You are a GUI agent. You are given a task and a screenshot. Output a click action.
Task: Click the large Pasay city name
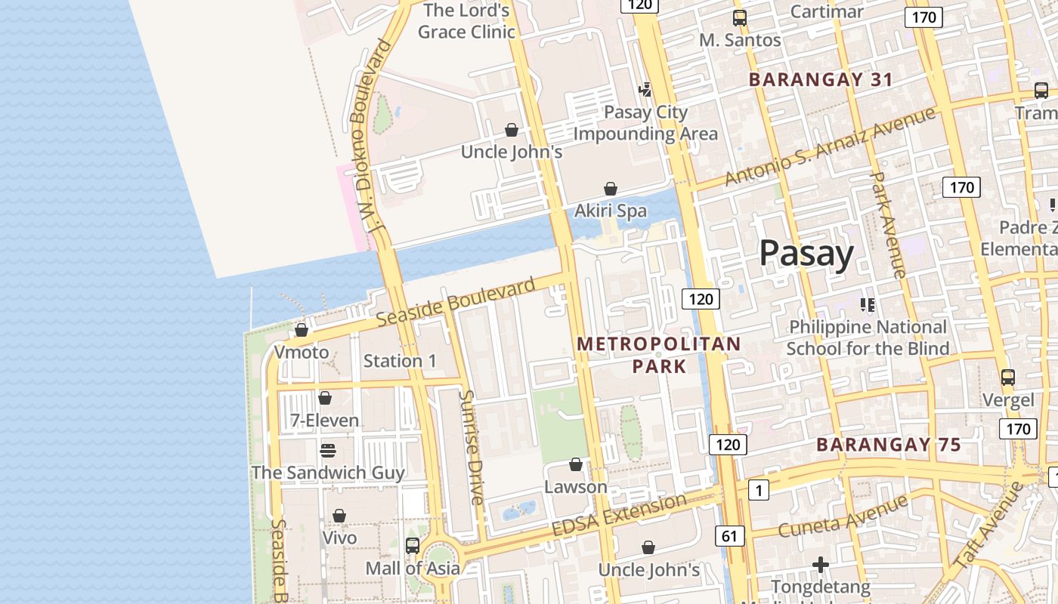(x=806, y=254)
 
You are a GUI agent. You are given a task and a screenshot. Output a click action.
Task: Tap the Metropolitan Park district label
(x=659, y=355)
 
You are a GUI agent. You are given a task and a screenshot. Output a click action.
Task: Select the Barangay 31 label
(x=821, y=79)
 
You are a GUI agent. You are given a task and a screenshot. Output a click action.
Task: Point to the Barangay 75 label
(x=889, y=445)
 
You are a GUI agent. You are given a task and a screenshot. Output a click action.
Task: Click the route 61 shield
(x=729, y=536)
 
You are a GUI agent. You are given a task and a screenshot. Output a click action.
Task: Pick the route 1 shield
(x=758, y=491)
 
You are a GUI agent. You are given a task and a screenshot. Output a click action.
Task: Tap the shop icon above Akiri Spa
(x=611, y=189)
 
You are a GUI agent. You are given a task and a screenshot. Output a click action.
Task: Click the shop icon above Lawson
(x=576, y=464)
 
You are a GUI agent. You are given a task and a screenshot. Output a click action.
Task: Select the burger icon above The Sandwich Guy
(x=327, y=451)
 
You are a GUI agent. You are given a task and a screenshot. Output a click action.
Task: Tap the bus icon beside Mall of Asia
(x=413, y=545)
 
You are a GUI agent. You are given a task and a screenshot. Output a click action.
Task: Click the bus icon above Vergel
(x=1007, y=377)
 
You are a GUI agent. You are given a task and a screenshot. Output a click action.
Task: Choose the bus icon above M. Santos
(x=739, y=18)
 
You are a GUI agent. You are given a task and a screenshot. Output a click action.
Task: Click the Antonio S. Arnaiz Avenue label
(x=830, y=147)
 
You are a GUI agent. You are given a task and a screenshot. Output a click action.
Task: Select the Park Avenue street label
(x=887, y=225)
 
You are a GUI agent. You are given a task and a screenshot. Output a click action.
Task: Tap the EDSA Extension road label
(x=619, y=515)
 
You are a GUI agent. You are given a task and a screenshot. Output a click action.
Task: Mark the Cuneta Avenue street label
(x=843, y=516)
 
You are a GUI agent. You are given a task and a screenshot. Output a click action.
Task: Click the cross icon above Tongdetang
(x=821, y=565)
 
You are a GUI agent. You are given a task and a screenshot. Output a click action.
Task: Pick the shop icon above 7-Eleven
(x=325, y=398)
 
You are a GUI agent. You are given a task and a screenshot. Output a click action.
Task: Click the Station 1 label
(x=400, y=361)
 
